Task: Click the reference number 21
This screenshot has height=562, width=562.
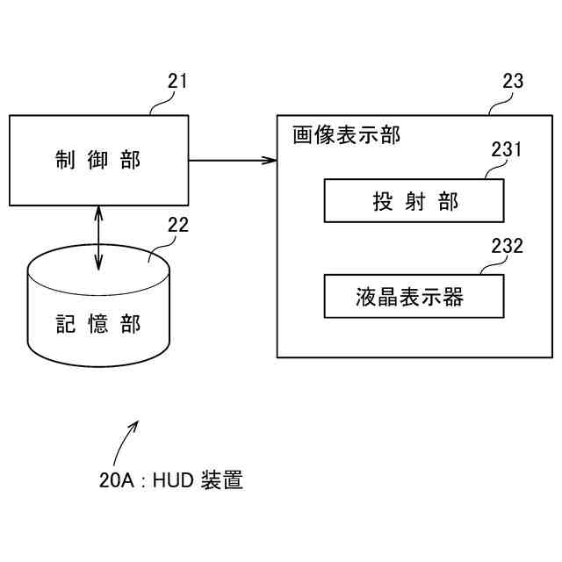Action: click(x=177, y=82)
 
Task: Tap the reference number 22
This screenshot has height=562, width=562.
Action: click(x=178, y=225)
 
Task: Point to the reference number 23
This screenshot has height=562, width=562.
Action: click(x=513, y=82)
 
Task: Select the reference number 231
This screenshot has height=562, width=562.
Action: click(x=506, y=149)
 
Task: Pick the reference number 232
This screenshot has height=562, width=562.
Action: click(x=507, y=246)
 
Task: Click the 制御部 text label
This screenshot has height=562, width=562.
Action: click(x=97, y=160)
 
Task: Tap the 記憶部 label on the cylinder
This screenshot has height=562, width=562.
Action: click(x=97, y=324)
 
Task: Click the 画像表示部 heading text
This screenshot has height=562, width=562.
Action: click(x=346, y=135)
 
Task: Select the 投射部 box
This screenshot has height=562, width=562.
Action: click(x=414, y=201)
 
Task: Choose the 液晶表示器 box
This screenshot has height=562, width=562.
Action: click(x=414, y=296)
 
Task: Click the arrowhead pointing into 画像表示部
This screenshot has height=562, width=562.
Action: click(x=270, y=160)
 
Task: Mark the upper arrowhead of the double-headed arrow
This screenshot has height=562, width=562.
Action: click(x=98, y=213)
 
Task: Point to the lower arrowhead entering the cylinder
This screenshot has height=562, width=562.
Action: click(x=98, y=263)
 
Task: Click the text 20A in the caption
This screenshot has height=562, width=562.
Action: click(x=117, y=480)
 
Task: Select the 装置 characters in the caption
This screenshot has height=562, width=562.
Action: click(x=222, y=479)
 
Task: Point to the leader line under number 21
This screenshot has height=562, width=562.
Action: click(x=162, y=103)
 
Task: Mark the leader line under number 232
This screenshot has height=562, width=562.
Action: click(x=494, y=264)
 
